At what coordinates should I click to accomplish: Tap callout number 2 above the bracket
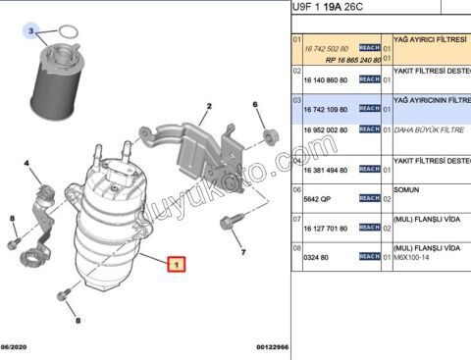point(209,107)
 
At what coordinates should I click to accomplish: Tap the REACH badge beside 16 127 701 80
point(370,227)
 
